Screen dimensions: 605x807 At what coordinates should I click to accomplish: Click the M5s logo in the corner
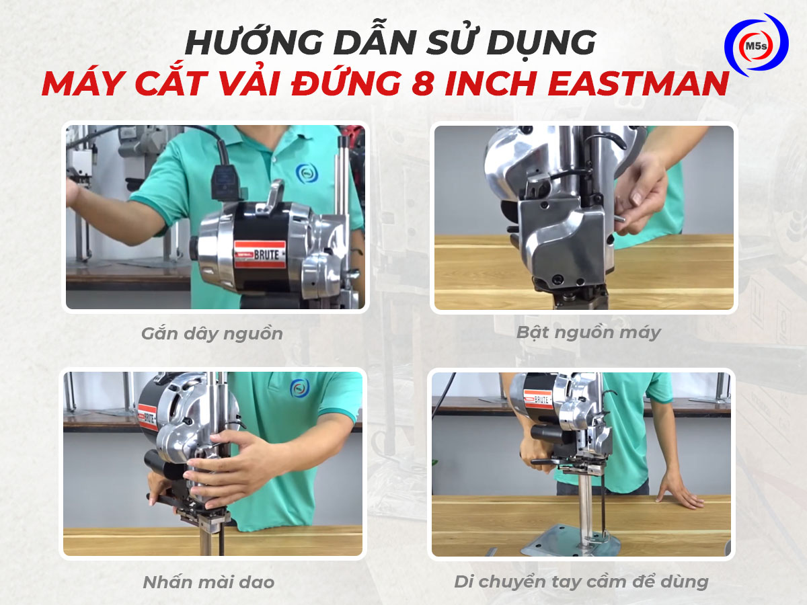point(756,44)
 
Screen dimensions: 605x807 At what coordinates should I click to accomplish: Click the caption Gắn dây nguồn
point(212,333)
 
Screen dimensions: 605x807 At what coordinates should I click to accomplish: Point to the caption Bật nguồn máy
point(588,332)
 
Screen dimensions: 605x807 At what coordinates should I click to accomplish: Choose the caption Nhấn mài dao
point(208,582)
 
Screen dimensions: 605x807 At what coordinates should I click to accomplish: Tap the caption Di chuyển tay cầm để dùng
point(581,581)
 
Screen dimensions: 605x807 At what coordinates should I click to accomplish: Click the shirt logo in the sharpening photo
point(299,388)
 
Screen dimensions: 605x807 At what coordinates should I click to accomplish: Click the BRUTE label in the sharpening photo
point(148,417)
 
